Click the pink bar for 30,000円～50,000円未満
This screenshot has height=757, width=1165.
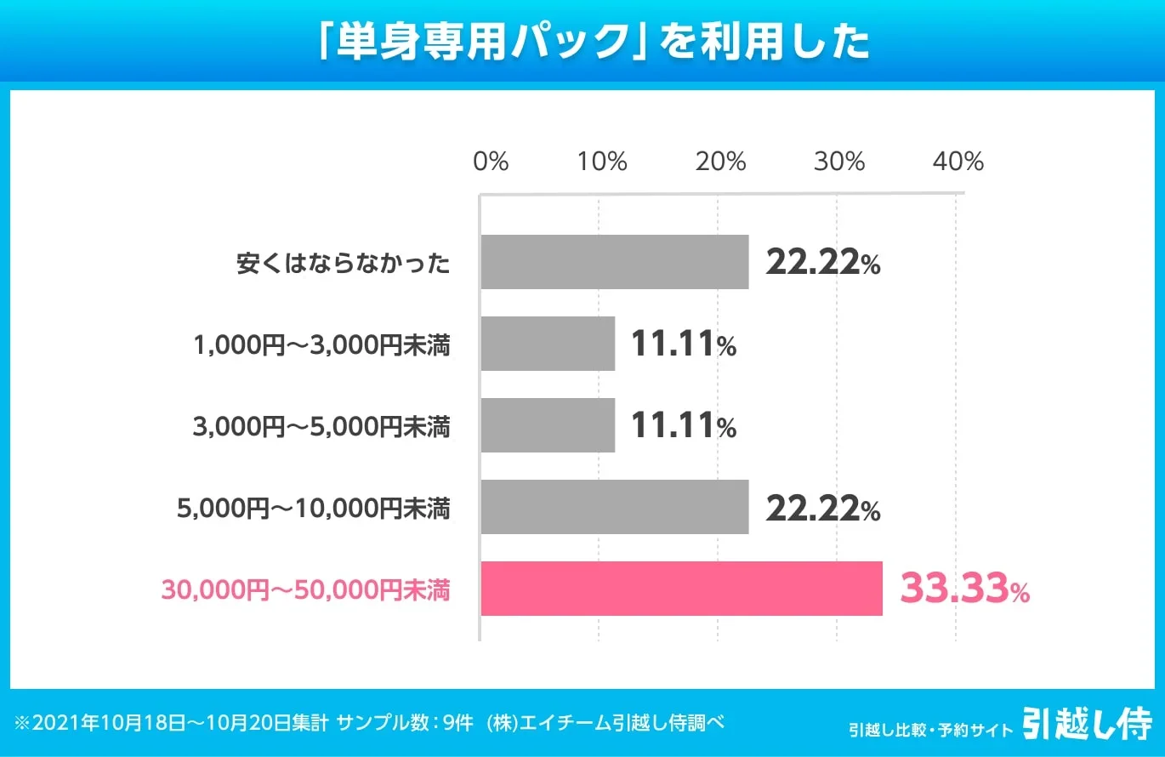[x=681, y=589]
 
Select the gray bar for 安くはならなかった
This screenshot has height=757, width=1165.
[x=614, y=262]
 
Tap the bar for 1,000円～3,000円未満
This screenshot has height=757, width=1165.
[x=548, y=344]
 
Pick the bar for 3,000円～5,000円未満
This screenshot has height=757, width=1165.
[x=548, y=425]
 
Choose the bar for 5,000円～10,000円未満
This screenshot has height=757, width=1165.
[x=614, y=507]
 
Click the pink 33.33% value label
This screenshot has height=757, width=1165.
[x=964, y=589]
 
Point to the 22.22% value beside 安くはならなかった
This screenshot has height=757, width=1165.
[x=822, y=263]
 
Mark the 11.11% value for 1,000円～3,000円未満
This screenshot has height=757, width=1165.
[x=683, y=344]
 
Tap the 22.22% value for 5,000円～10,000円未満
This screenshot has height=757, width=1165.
[x=822, y=508]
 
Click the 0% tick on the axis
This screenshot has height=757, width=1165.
[x=491, y=162]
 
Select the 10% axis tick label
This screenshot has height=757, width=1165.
[x=602, y=162]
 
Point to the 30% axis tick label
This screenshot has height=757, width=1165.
[x=839, y=162]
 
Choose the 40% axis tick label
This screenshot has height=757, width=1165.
[x=958, y=162]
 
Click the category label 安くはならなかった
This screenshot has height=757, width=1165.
[x=343, y=264]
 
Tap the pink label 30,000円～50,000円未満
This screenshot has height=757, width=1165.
[x=305, y=589]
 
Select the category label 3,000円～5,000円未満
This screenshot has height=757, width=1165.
[x=321, y=427]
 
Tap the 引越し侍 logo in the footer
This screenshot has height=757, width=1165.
[x=1086, y=725]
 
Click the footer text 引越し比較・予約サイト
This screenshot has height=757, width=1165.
[x=930, y=730]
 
